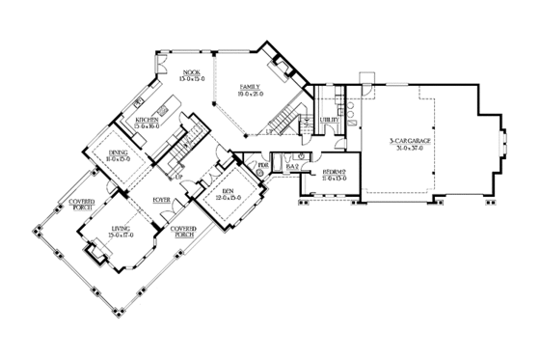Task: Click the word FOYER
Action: tap(160, 200)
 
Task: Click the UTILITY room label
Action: tap(328, 120)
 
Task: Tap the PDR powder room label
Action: tap(262, 166)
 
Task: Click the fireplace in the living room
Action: tap(96, 253)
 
